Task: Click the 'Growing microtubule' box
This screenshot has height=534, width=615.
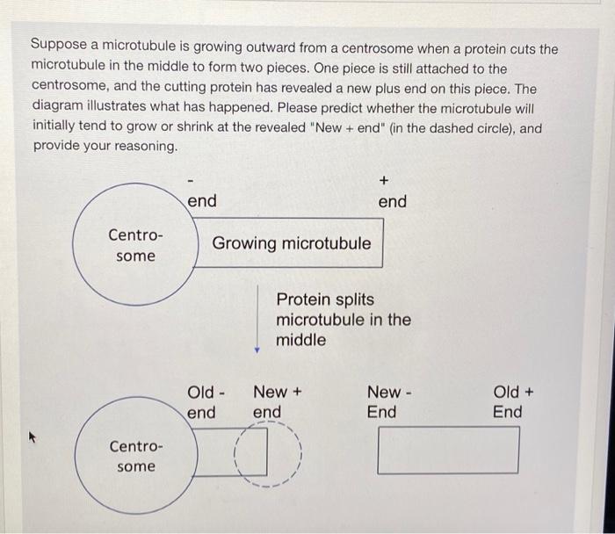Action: coord(292,243)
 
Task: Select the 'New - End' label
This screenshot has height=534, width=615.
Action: coord(384,402)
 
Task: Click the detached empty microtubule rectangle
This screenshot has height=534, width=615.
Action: coord(448,451)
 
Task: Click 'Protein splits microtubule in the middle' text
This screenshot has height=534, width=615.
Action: coord(343,320)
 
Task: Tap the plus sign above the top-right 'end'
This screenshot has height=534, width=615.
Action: coord(384,180)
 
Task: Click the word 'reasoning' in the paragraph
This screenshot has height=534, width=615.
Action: coord(142,146)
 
